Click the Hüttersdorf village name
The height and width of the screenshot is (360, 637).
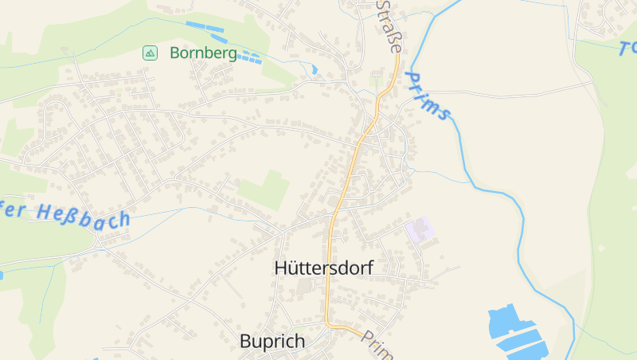point(323,268)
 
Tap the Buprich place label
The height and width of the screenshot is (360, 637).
point(272,342)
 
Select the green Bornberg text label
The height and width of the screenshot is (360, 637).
point(203,53)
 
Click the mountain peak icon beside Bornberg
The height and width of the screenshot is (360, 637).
point(149,53)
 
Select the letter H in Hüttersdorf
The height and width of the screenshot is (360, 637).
point(280,268)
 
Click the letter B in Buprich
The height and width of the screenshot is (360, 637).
point(245,342)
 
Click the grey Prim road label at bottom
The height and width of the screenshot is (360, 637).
point(375,343)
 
